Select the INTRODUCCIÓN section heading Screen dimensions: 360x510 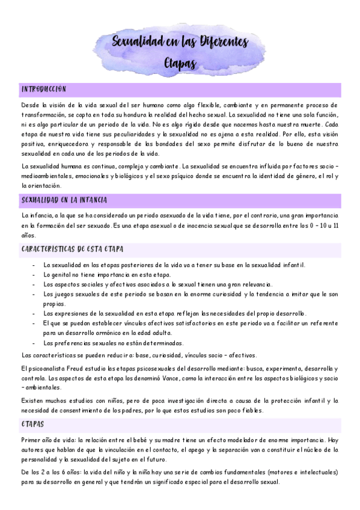pos(43,88)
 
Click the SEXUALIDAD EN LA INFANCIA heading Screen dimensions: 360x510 pos(64,199)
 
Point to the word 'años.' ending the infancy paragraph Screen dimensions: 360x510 pos(28,235)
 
